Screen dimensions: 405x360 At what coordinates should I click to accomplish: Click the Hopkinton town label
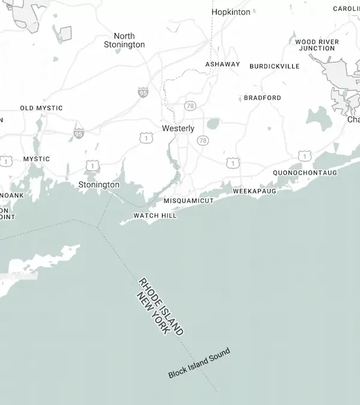tap(231, 12)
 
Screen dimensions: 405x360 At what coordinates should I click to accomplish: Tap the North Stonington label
tap(124, 40)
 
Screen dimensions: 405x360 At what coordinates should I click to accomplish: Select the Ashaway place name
tap(223, 64)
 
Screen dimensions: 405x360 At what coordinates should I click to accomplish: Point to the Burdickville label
tap(274, 66)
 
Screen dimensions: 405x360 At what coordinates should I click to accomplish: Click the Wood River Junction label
tap(317, 45)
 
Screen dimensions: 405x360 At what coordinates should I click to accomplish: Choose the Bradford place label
tap(262, 98)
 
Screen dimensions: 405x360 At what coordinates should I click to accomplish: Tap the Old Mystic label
tap(41, 108)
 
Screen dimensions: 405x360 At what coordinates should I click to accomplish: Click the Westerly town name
tap(178, 128)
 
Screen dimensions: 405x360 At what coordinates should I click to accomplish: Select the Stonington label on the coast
tap(99, 185)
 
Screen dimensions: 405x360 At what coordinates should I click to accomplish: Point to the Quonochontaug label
tap(305, 173)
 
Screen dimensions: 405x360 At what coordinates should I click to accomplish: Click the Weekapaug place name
tap(254, 191)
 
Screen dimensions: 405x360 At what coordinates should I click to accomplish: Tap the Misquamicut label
tap(188, 200)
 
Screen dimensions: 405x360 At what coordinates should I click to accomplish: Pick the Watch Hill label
tap(155, 215)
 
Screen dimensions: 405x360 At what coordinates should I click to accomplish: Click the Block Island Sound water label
tap(199, 364)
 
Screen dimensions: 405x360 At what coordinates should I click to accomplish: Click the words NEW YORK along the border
tap(152, 314)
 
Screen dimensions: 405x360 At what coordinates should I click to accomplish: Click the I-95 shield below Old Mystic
tap(79, 133)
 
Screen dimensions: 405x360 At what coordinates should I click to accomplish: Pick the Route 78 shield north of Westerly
tap(190, 106)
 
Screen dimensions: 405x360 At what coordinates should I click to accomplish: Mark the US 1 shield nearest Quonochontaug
tap(305, 157)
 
